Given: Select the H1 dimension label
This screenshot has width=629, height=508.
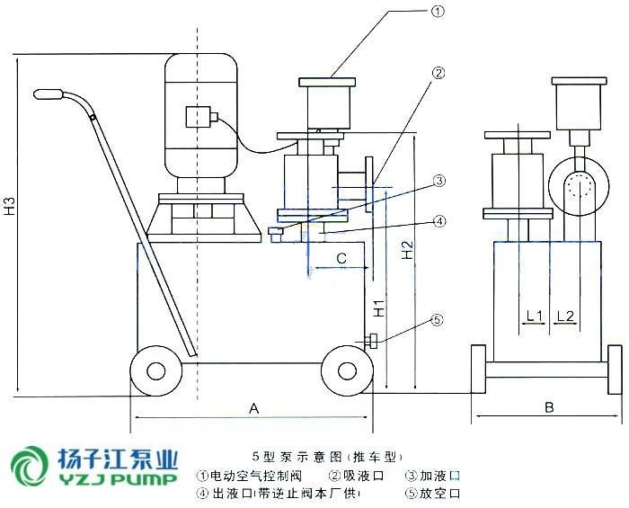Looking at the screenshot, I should pyautogui.click(x=380, y=306).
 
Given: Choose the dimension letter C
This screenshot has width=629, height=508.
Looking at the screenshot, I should pyautogui.click(x=341, y=259).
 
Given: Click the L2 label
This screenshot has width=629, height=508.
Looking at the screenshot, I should pyautogui.click(x=566, y=316).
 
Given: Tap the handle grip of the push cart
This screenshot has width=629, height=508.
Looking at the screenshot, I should pyautogui.click(x=49, y=94).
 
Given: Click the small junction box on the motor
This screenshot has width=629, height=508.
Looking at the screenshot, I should pyautogui.click(x=199, y=119).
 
